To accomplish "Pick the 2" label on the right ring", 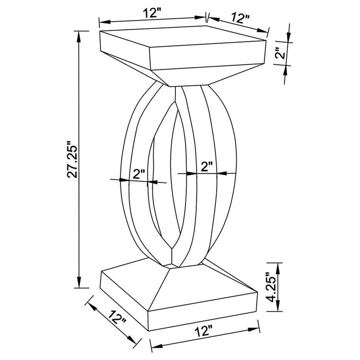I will pos(207,166).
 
